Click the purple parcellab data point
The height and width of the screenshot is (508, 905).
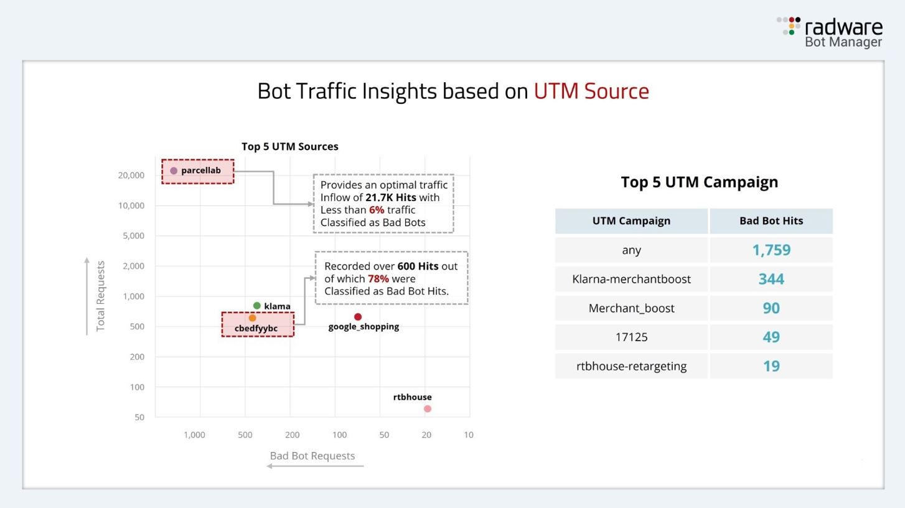click(174, 171)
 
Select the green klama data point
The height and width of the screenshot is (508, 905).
click(257, 306)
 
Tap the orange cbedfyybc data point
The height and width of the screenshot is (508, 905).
click(253, 318)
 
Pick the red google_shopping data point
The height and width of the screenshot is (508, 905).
click(358, 317)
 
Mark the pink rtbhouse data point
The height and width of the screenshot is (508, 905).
click(428, 408)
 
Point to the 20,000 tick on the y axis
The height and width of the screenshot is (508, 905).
click(131, 176)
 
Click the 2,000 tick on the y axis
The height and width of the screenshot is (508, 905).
click(133, 266)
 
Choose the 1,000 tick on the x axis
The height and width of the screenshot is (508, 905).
click(194, 435)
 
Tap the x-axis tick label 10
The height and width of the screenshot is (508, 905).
click(469, 435)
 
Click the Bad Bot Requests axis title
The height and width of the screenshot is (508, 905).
click(312, 456)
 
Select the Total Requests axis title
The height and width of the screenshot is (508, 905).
click(100, 296)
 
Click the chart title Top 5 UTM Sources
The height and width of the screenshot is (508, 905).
click(289, 146)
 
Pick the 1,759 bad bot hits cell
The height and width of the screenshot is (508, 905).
click(771, 250)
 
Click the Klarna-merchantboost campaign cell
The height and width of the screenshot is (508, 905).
click(632, 280)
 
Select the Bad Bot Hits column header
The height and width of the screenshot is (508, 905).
click(771, 220)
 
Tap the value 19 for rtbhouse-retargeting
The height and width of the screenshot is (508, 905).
click(771, 366)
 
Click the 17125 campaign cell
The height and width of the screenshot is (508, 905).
click(632, 337)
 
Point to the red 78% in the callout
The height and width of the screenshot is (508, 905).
click(378, 279)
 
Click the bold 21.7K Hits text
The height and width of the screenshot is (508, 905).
click(391, 197)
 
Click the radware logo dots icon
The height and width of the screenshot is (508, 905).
click(789, 26)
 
